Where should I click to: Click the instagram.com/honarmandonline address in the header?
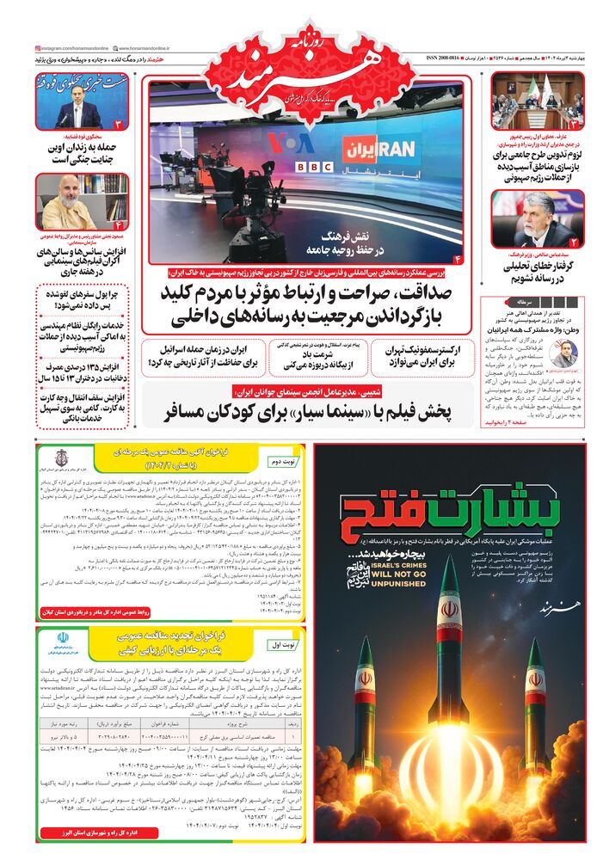(x=73, y=48)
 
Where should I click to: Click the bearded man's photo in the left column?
(x=70, y=202)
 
